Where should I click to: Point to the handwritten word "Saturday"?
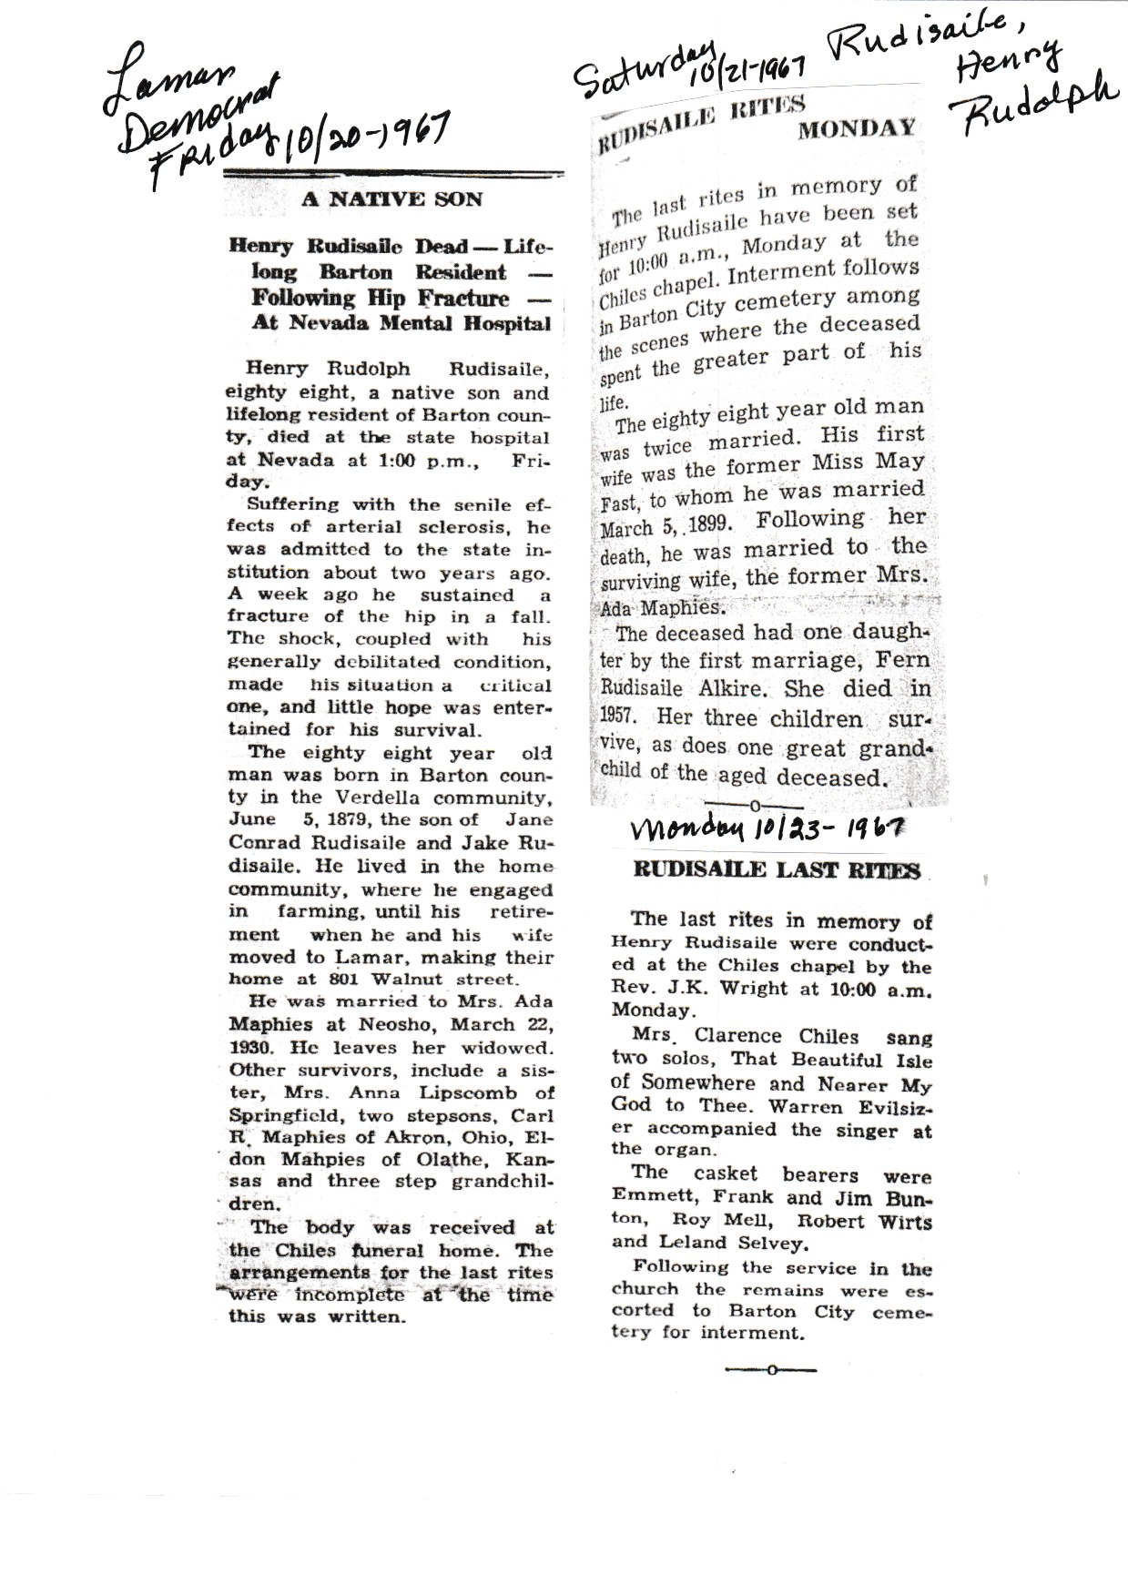pyautogui.click(x=642, y=69)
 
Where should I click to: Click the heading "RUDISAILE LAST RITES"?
pyautogui.click(x=777, y=870)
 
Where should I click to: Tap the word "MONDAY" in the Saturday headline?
pyautogui.click(x=856, y=128)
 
